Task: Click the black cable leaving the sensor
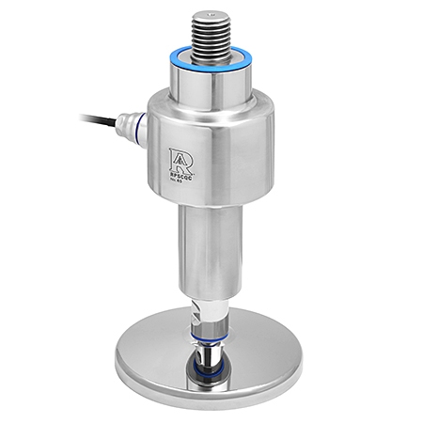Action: coord(99,119)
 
